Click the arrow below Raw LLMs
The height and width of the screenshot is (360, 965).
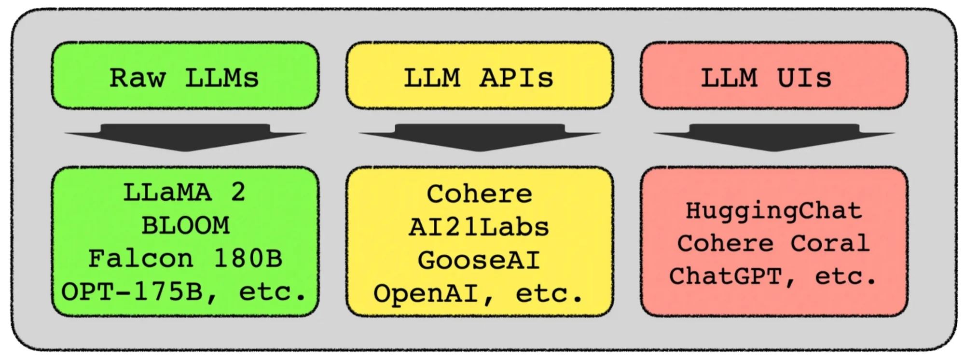(185, 137)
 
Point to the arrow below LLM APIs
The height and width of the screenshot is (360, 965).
(480, 137)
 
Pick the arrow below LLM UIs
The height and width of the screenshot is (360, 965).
(774, 137)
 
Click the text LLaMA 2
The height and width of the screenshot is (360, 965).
(184, 193)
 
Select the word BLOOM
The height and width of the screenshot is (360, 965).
(185, 226)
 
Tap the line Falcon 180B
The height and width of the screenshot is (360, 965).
(185, 259)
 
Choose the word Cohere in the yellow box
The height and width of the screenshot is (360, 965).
(479, 194)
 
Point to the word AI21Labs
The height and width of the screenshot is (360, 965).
(479, 227)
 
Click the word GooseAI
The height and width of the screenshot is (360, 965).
(479, 261)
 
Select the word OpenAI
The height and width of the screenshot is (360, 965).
(427, 293)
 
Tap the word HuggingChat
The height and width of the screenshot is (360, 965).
(774, 211)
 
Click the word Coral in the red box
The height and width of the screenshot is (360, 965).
(830, 243)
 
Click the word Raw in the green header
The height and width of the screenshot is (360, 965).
(138, 78)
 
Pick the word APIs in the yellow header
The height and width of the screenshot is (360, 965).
(516, 78)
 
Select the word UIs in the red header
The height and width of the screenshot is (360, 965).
(804, 78)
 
